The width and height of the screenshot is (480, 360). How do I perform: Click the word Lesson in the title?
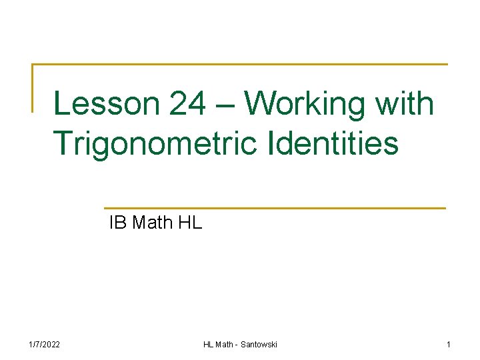pyautogui.click(x=105, y=105)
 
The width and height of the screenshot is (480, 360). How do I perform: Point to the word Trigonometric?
pyautogui.click(x=154, y=144)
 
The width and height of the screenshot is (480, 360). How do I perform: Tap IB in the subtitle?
pyautogui.click(x=118, y=223)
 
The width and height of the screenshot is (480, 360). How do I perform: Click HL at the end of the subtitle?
pyautogui.click(x=191, y=223)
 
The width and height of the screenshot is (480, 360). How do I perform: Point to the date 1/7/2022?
pyautogui.click(x=45, y=344)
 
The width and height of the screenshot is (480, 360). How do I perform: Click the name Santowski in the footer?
pyautogui.click(x=259, y=344)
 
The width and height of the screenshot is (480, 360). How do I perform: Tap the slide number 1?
pyautogui.click(x=449, y=344)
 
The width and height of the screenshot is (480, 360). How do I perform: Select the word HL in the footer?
pyautogui.click(x=209, y=344)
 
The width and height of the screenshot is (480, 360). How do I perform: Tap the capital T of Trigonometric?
pyautogui.click(x=63, y=143)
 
